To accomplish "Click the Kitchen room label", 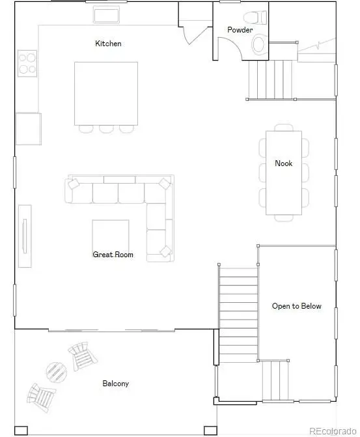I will coord(108,44).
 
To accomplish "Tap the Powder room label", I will coord(240,30).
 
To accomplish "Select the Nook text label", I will coord(283,163).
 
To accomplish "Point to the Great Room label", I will coord(113,255).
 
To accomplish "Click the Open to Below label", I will coord(296,306).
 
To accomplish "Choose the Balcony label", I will coord(115,384).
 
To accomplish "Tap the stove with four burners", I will coord(27,63).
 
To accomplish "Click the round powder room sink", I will coord(258,44).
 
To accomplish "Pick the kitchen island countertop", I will coord(105,93).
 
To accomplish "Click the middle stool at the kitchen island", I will coord(106,128).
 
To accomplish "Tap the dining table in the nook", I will coord(283,173).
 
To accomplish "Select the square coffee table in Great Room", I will coord(110,235).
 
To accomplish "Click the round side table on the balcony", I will coord(56,372).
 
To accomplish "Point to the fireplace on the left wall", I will coord(24,235).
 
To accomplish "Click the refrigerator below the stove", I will coord(28,128).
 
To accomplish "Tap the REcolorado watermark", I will coord(332,430).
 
